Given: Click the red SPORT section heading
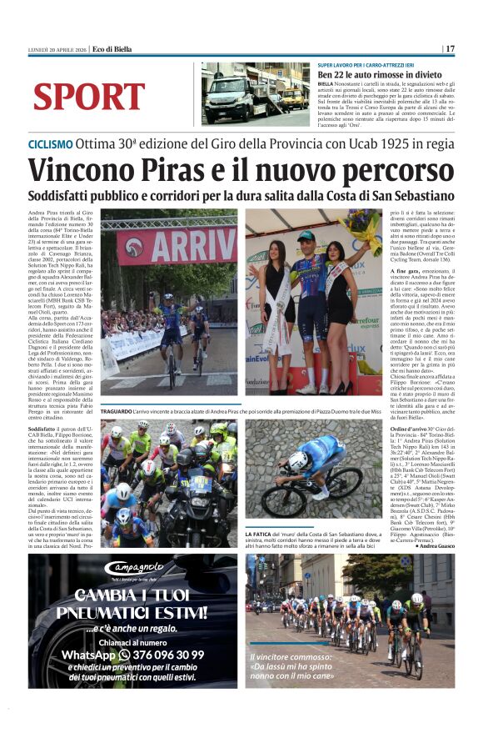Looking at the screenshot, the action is click(88, 98).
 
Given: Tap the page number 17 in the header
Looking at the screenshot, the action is click(450, 49).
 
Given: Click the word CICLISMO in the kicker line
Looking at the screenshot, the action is click(50, 143).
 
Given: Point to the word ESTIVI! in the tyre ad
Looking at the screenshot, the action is click(177, 613).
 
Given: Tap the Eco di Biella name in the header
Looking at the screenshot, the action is click(112, 49).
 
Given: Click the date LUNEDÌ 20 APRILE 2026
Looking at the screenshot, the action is click(57, 49).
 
